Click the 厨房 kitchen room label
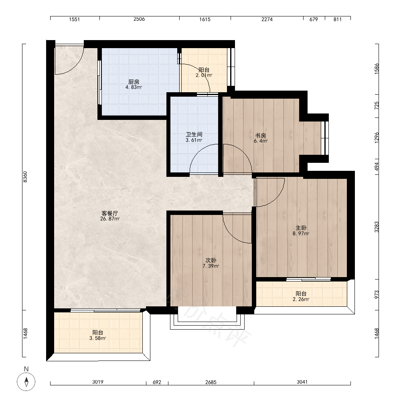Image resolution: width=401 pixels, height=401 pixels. [134, 82]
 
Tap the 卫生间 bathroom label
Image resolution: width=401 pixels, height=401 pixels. [194, 134]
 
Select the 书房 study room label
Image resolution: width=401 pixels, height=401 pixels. [261, 135]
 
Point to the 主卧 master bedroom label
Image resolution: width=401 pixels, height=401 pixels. [301, 228]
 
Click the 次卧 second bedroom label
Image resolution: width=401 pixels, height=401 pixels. [211, 260]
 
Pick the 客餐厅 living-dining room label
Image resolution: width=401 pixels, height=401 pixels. [110, 213]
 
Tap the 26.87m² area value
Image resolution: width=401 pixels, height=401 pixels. [110, 219]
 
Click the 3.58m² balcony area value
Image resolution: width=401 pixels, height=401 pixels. [98, 338]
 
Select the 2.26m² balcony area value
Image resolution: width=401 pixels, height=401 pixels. [301, 299]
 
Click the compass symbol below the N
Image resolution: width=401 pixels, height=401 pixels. [26, 382]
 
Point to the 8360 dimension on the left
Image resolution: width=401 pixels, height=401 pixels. [25, 177]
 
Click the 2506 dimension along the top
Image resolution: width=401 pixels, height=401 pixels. [139, 19]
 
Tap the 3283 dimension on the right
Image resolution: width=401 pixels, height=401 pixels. [377, 227]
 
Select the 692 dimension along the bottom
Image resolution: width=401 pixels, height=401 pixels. [157, 382]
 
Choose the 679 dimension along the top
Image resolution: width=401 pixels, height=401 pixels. [314, 19]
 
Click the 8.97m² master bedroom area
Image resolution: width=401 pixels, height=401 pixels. [301, 233]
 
